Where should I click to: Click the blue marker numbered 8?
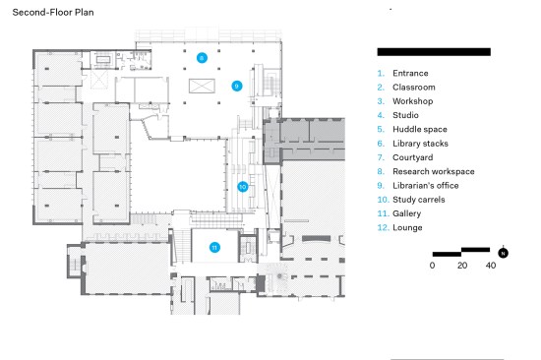[202, 58]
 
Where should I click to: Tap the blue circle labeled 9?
[237, 86]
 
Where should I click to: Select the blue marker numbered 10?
[243, 187]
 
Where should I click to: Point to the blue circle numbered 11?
[214, 248]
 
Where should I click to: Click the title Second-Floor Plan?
[53, 13]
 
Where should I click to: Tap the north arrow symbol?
[503, 253]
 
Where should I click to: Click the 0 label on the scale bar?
[433, 266]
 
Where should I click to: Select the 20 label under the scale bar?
[462, 266]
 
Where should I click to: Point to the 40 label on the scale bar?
[491, 266]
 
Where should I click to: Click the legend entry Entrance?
[410, 73]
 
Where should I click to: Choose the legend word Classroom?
[414, 88]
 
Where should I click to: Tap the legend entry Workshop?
[413, 101]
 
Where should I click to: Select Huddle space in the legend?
[420, 130]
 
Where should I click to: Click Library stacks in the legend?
[420, 144]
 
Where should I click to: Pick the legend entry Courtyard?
[413, 157]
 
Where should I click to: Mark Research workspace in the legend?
[434, 171]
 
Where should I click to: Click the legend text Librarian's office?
[425, 186]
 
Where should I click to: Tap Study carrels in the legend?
[418, 200]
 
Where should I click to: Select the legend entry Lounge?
[407, 228]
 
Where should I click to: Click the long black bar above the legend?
[434, 52]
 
